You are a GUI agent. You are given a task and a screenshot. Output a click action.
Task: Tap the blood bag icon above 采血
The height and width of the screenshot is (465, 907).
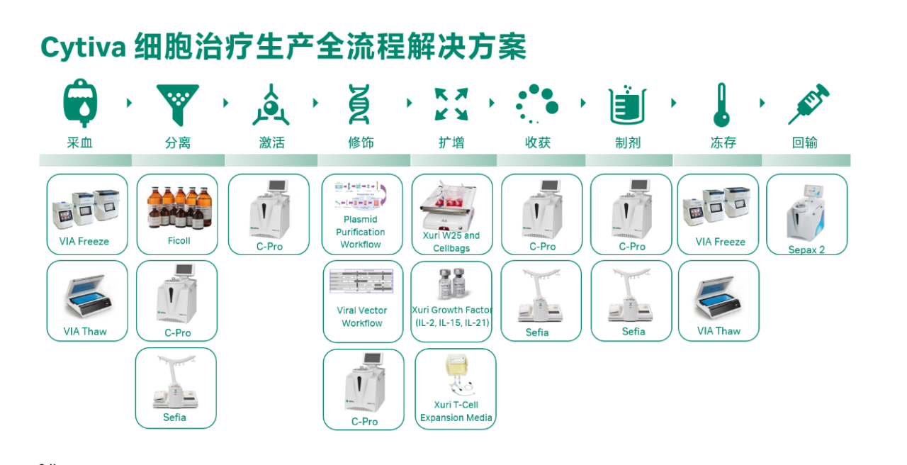point(80,103)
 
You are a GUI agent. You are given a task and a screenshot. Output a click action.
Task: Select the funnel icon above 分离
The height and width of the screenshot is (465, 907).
point(178,104)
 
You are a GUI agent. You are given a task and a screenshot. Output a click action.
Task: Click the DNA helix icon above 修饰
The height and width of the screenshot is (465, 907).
point(360,104)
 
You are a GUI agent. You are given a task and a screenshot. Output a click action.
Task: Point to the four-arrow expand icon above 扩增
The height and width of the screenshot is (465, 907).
point(451,104)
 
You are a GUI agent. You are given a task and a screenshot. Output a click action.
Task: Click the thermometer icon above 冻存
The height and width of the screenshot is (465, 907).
point(721,104)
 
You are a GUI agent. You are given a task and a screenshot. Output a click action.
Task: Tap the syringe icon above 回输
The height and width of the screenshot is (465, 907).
point(809,104)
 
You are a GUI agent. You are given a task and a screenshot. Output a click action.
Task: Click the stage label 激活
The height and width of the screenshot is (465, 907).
point(271,142)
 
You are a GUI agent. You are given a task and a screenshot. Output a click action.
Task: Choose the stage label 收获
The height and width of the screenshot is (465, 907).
point(538,142)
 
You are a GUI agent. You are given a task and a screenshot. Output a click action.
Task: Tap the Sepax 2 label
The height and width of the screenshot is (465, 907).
point(806,250)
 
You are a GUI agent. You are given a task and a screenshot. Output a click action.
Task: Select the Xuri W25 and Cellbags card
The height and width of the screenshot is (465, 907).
point(452,214)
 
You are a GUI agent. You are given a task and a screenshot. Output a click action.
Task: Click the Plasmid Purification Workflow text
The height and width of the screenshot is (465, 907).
point(361,232)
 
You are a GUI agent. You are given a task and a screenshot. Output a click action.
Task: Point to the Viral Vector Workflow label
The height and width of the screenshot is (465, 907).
point(362,317)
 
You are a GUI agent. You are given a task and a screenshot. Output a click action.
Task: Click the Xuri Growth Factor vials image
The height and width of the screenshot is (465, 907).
point(451,283)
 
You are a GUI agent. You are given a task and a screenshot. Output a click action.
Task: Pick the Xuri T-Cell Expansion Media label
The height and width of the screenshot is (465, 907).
point(456,411)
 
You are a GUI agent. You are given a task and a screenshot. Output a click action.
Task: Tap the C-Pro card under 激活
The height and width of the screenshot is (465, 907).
point(269,214)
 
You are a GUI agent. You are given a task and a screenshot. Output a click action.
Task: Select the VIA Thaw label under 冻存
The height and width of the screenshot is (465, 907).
point(719,331)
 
